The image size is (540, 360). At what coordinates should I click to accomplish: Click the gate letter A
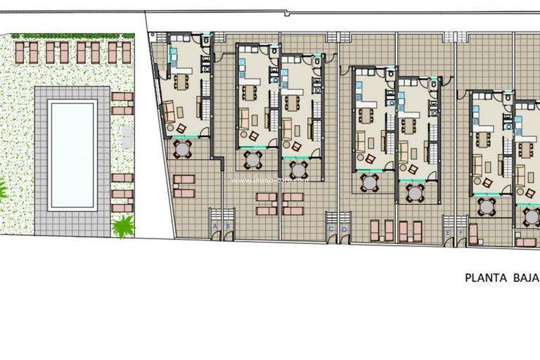[214, 226]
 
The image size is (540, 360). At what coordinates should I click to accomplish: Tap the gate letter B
[227, 226]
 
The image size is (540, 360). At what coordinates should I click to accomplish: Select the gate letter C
[331, 229]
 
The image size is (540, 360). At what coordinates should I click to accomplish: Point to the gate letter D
[344, 229]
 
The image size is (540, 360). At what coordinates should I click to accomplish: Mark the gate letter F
[461, 232]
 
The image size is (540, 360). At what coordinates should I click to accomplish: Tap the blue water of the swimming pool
[72, 153]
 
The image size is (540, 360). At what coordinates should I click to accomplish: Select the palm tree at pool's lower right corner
[123, 225]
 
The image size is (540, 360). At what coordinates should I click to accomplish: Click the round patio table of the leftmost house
[182, 148]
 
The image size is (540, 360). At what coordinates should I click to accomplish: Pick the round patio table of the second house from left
[252, 159]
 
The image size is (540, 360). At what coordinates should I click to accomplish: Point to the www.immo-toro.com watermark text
[269, 180]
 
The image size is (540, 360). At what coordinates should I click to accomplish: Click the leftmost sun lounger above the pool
[20, 51]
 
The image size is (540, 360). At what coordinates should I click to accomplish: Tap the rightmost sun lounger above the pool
[127, 51]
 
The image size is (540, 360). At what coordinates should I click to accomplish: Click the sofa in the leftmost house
[168, 110]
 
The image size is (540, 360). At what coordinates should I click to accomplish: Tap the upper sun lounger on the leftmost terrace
[184, 179]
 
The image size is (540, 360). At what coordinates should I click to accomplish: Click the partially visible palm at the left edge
[2, 188]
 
